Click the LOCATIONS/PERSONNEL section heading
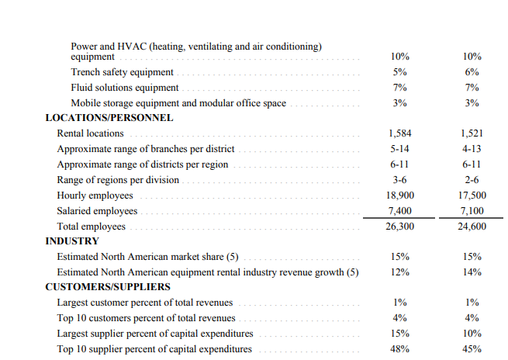[109, 119]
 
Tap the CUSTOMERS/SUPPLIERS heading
[107, 287]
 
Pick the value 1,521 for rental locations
[472, 133]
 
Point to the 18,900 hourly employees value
[400, 196]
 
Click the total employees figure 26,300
[400, 227]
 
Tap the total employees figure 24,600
[472, 227]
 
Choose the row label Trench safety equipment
[122, 72]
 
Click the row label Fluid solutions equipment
[124, 88]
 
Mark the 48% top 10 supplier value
[400, 349]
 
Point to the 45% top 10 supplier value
[472, 349]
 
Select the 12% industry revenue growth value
[400, 272]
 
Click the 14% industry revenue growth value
[472, 272]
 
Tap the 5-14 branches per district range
[400, 149]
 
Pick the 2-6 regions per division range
[472, 180]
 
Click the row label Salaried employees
[97, 211]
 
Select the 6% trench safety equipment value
[472, 72]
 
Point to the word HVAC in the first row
[127, 47]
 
